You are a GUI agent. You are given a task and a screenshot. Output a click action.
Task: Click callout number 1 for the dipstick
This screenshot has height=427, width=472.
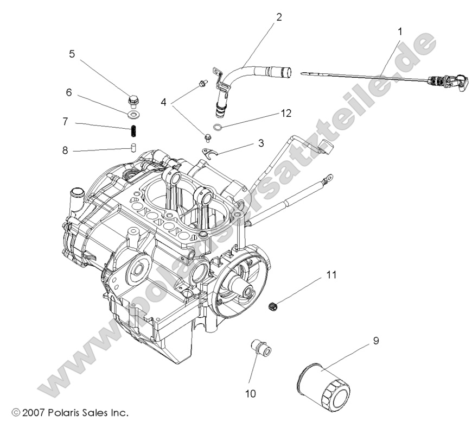click(400, 32)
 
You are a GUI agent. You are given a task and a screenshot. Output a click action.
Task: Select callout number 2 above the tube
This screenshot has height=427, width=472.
click(279, 17)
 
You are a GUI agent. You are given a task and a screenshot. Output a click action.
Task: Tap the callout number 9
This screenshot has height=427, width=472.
click(375, 341)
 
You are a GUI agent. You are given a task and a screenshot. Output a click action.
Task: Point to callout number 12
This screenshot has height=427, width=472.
click(286, 113)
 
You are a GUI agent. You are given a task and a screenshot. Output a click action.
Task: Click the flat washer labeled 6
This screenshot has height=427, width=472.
click(133, 115)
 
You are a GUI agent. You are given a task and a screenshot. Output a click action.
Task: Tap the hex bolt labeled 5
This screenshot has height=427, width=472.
click(133, 101)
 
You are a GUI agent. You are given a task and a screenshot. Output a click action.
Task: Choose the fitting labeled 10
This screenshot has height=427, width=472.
click(260, 348)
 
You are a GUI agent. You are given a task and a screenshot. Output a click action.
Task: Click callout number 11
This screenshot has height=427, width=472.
click(331, 275)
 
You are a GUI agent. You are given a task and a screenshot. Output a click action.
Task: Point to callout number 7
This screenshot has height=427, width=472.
click(65, 122)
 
